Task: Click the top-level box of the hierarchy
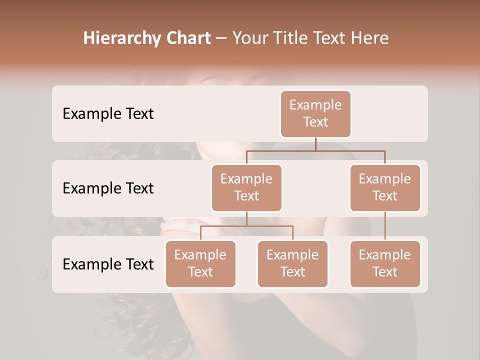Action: pos(315,113)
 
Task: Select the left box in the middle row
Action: pos(246,187)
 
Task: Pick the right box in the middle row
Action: pos(385,187)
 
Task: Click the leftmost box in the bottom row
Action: pos(200,263)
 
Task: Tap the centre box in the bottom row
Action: pos(292,263)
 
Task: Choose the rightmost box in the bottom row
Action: pos(385,263)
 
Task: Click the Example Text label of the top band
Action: pos(108,113)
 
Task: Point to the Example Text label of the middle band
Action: pos(108,188)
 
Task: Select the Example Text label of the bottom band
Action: pos(108,264)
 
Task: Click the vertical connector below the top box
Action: pos(315,144)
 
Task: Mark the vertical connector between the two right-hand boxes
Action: pos(385,226)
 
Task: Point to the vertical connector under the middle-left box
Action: pos(246,218)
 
